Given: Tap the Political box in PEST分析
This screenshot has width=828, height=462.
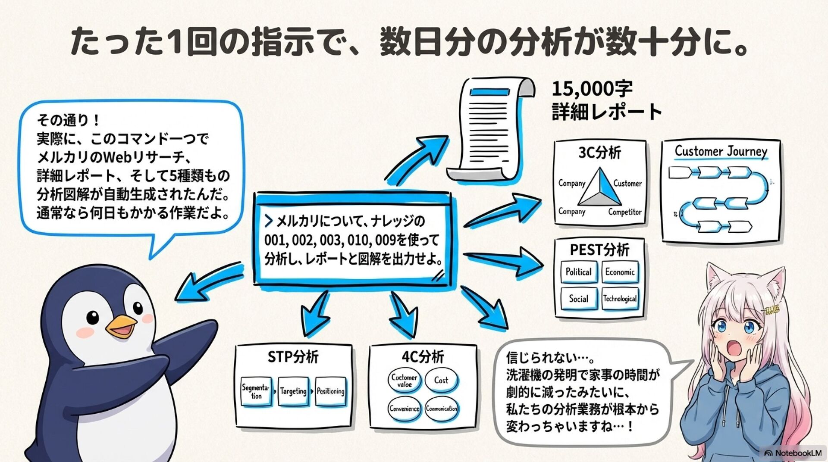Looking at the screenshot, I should (578, 272).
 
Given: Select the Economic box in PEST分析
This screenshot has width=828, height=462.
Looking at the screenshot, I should (620, 272).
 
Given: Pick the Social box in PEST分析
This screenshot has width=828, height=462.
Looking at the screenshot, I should (578, 299).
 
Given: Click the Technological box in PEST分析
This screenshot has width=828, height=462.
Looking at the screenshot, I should (620, 299).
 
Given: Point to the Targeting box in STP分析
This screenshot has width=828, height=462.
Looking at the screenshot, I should (293, 391).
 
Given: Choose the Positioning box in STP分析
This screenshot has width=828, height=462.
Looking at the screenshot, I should (330, 391).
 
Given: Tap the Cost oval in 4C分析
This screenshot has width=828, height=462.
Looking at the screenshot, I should (441, 380).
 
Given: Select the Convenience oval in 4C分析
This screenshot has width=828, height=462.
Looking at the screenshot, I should (404, 409).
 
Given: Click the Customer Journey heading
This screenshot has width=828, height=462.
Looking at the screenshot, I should (721, 151).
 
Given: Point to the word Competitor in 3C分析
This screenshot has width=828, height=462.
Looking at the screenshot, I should (625, 212).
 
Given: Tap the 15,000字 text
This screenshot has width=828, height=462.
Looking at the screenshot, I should (592, 89).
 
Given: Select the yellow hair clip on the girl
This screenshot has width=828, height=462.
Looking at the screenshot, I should (772, 309).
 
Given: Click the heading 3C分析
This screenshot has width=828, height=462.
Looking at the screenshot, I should (599, 153).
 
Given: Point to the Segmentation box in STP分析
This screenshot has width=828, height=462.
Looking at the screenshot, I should (256, 391).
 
